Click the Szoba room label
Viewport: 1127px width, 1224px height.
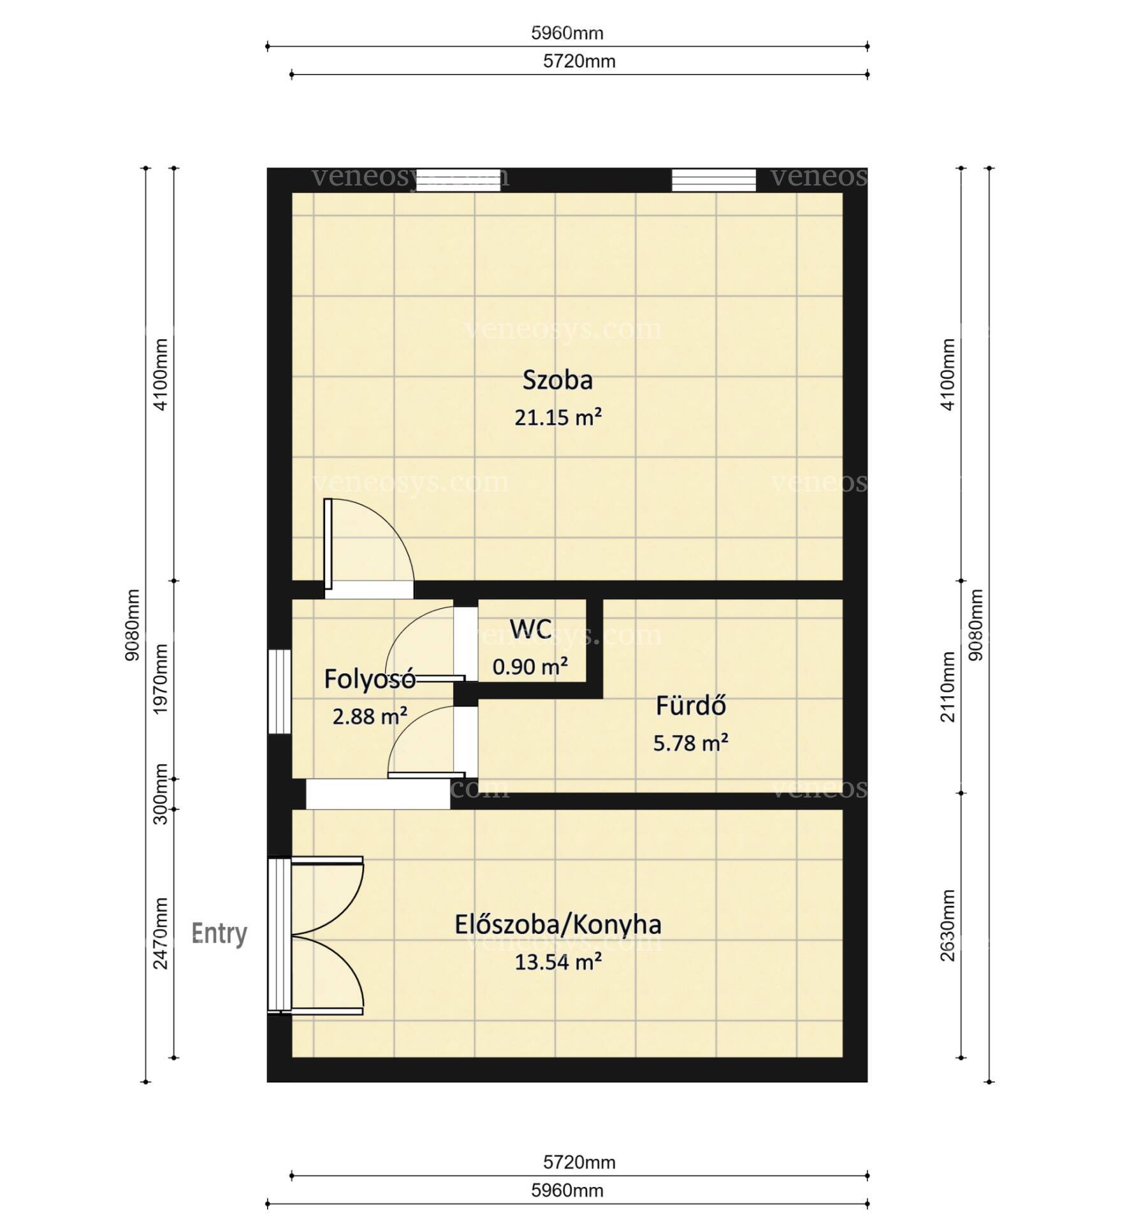557,380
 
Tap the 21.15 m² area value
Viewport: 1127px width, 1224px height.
558,418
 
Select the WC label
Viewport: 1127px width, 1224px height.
530,629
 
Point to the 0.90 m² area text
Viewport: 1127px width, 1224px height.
530,667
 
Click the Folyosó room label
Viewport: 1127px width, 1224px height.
370,679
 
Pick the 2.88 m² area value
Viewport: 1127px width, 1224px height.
370,717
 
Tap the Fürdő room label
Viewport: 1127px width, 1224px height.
691,706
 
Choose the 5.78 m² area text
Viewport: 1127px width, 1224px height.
691,743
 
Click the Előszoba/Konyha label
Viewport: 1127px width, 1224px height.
558,924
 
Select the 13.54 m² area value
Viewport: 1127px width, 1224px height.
558,962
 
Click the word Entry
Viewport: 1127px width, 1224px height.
219,934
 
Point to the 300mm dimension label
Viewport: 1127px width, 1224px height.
161,794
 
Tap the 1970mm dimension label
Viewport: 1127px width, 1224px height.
161,679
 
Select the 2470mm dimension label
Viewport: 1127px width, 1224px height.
161,933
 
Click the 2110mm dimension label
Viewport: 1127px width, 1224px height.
948,687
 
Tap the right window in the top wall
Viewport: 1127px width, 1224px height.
714,180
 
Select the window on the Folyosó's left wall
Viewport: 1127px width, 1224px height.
279,692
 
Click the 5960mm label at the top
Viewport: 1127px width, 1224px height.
567,33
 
